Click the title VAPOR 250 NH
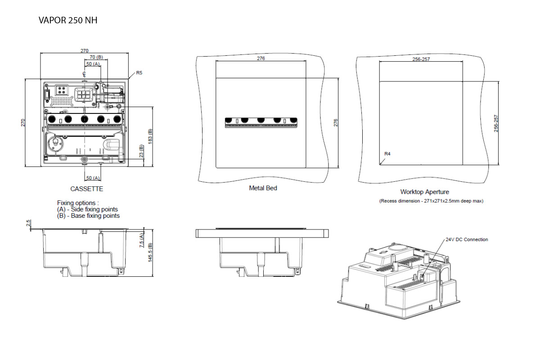click(x=68, y=21)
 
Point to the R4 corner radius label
click(x=387, y=154)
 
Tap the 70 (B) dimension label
click(x=96, y=57)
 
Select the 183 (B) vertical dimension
click(x=150, y=137)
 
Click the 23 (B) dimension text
click(x=141, y=152)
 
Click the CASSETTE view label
click(x=87, y=189)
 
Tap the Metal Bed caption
click(x=263, y=188)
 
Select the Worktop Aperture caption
click(x=424, y=192)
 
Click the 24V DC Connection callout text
click(x=466, y=239)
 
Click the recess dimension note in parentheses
click(x=431, y=201)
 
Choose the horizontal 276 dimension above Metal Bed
click(x=261, y=58)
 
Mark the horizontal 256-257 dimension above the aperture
click(x=421, y=59)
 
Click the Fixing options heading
click(x=78, y=203)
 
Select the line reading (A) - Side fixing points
click(x=88, y=209)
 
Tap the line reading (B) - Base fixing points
click(x=88, y=216)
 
